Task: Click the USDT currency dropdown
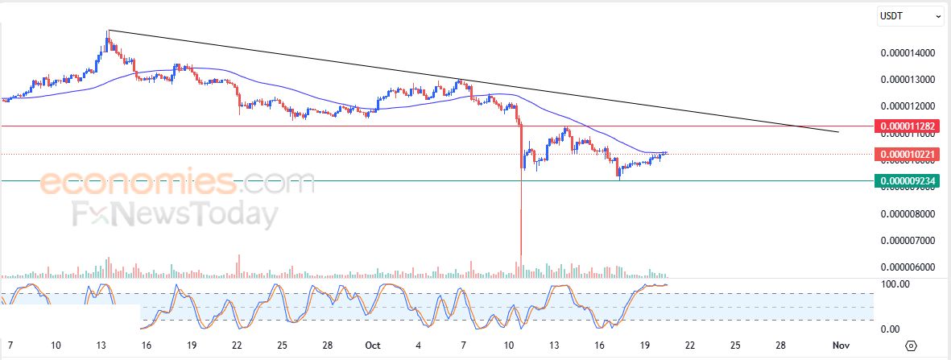(x=910, y=15)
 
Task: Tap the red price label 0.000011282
(x=908, y=126)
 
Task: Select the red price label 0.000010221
(x=908, y=154)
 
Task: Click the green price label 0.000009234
(x=908, y=181)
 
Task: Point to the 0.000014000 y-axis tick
(x=908, y=53)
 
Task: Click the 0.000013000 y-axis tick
(x=908, y=80)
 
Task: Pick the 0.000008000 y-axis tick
(x=908, y=213)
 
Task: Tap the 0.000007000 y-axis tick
(x=908, y=240)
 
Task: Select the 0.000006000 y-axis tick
(x=908, y=267)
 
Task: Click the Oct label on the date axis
(x=372, y=346)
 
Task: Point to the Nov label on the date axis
(x=841, y=346)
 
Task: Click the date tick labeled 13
(x=101, y=346)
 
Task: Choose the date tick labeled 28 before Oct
(x=327, y=346)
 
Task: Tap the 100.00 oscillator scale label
(x=896, y=284)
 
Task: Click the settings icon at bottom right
(x=911, y=346)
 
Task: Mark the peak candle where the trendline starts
(x=108, y=32)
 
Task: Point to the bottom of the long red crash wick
(x=521, y=256)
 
